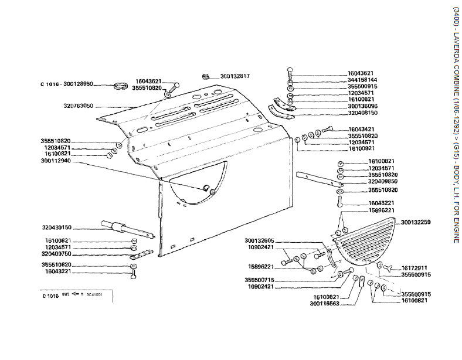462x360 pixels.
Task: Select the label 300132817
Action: [235, 76]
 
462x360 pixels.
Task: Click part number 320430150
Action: [57, 227]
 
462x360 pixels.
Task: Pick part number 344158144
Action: [362, 80]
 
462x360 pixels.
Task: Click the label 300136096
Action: [362, 106]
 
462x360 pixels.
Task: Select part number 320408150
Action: [362, 113]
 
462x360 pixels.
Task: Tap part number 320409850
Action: [383, 182]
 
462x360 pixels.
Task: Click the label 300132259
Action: [416, 222]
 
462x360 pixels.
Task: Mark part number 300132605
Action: [260, 240]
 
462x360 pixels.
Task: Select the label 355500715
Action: [260, 280]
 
